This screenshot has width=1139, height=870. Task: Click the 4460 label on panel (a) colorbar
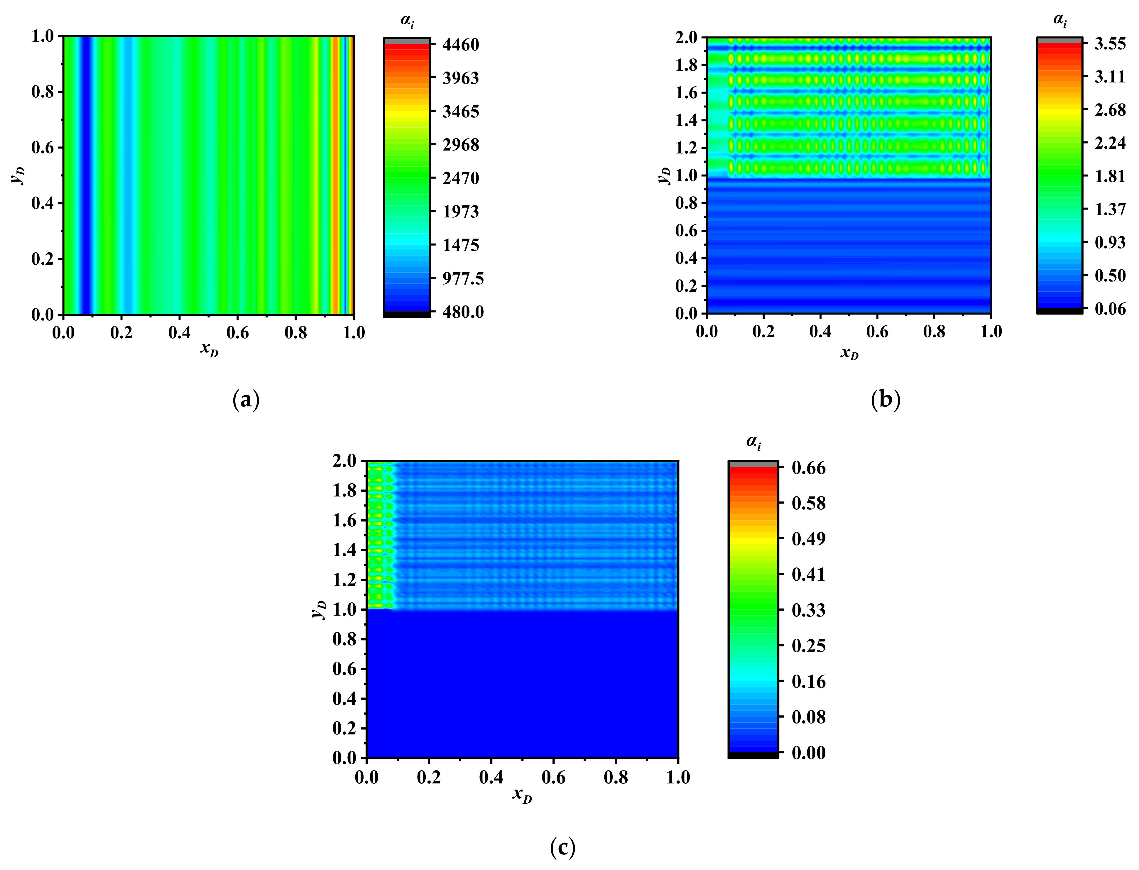(x=460, y=45)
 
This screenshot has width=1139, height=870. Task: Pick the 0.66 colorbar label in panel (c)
(x=809, y=468)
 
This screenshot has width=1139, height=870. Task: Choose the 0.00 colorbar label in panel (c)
(x=809, y=752)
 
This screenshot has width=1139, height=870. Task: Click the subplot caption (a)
(x=246, y=400)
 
